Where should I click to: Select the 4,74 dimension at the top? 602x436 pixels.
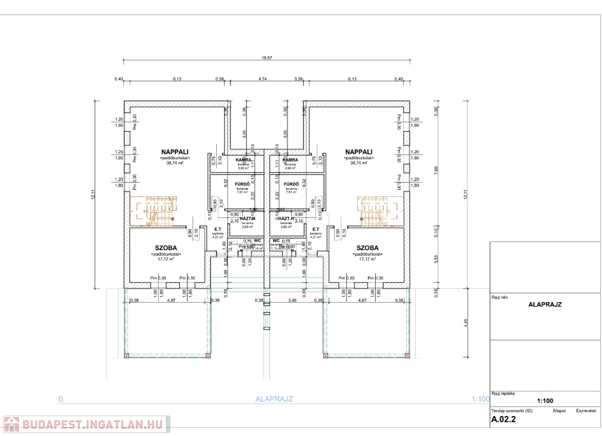pyautogui.click(x=262, y=79)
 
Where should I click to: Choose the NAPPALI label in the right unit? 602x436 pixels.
pyautogui.click(x=358, y=151)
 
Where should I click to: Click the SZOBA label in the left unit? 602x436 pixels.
pyautogui.click(x=166, y=248)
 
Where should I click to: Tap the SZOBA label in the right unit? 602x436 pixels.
pyautogui.click(x=367, y=248)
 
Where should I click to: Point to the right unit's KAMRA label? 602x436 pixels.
pyautogui.click(x=290, y=160)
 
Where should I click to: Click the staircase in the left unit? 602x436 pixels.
pyautogui.click(x=154, y=210)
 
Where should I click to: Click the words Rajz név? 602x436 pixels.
pyautogui.click(x=499, y=297)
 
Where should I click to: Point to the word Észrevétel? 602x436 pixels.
pyautogui.click(x=586, y=411)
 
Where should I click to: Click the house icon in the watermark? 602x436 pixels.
pyautogui.click(x=12, y=424)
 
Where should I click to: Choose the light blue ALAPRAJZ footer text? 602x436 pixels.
pyautogui.click(x=274, y=398)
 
